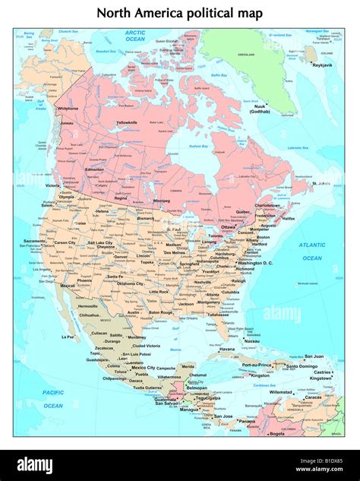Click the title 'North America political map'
point(180,13)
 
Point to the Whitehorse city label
point(68,109)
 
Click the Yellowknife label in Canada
point(126,122)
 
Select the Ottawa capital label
point(229,226)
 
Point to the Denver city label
point(121,257)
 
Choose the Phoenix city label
point(84,280)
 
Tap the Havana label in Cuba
point(227,349)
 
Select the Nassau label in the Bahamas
point(252,341)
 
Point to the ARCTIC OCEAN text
point(135,36)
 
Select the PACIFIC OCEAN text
point(52,399)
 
